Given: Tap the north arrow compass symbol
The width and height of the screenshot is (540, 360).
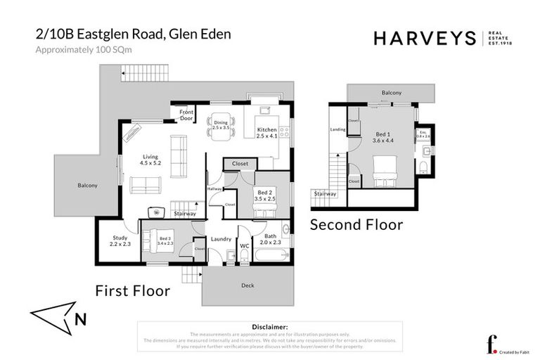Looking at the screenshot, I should pos(60,316).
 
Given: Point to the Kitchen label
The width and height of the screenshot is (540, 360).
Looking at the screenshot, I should pos(267,130).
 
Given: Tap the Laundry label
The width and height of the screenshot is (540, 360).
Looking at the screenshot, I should pos(221,239).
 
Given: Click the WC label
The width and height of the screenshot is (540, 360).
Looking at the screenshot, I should pos(245,246).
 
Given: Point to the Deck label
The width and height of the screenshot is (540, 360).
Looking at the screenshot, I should pos(247,285).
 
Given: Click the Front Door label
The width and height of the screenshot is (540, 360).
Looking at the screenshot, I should pos(186,115).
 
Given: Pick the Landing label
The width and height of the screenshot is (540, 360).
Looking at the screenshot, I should pos(337,129).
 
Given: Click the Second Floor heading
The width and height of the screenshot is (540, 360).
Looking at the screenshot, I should pos(357,225).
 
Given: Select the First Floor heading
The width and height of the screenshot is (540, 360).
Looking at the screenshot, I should pos(133,290).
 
